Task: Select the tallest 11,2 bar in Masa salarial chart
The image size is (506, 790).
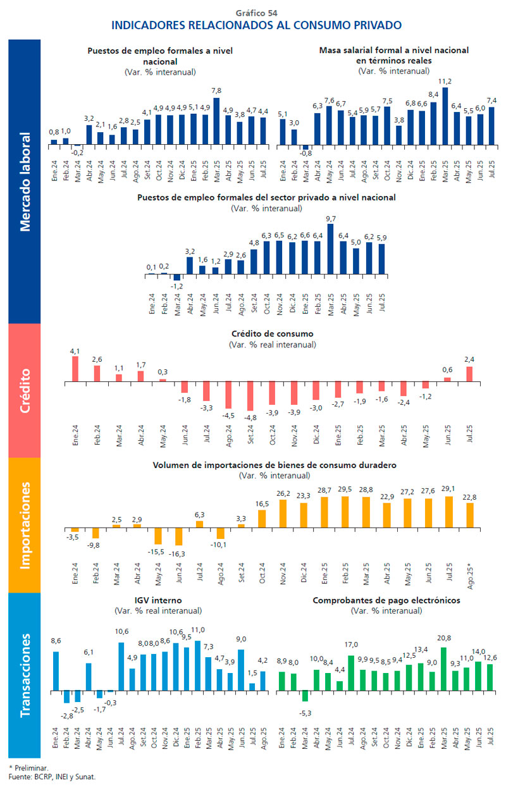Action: tap(445, 116)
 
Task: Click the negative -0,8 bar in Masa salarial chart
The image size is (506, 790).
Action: tap(305, 147)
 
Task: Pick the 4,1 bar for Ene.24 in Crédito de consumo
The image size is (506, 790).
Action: tap(75, 369)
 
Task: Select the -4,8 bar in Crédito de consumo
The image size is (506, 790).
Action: tap(251, 397)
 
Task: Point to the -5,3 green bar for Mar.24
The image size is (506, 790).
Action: tap(305, 695)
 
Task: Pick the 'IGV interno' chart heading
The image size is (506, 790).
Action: tap(158, 600)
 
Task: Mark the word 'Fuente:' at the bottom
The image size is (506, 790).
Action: tap(21, 776)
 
